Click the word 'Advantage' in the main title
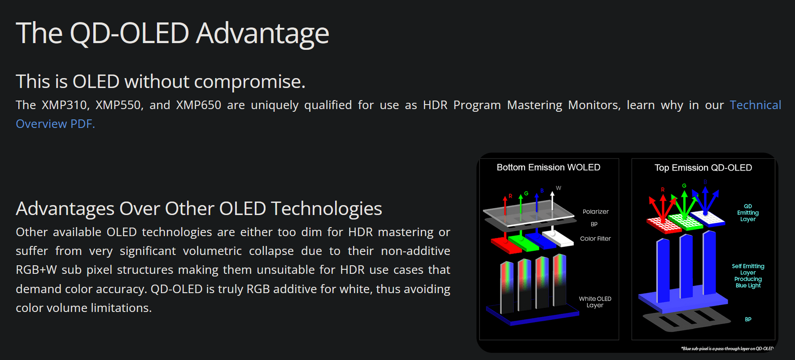262,34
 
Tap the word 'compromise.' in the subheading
249,82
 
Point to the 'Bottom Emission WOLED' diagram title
548,167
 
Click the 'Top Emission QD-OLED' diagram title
703,168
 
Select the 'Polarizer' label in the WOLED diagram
595,211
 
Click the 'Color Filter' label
595,238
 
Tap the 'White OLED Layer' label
595,302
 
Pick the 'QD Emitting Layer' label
748,213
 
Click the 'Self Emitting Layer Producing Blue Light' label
748,276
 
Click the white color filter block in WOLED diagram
558,238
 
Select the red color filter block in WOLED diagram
506,245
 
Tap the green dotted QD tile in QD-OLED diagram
685,221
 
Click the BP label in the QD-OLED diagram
748,319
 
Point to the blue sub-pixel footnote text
727,348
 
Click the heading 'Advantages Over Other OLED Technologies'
199,209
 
